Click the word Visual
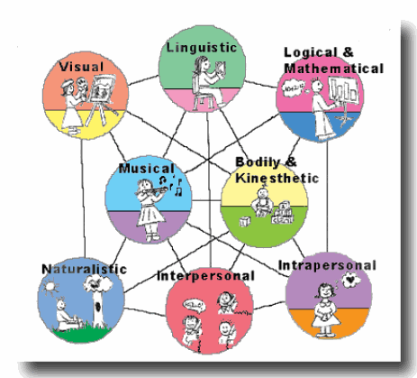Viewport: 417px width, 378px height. pyautogui.click(x=81, y=67)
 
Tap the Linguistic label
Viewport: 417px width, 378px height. pyautogui.click(x=202, y=48)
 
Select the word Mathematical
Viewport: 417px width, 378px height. pyautogui.click(x=334, y=69)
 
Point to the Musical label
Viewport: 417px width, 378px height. pyautogui.click(x=147, y=169)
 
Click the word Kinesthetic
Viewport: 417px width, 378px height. pyautogui.click(x=276, y=178)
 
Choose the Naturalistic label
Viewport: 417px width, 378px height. pyautogui.click(x=85, y=269)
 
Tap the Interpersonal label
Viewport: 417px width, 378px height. pyautogui.click(x=205, y=276)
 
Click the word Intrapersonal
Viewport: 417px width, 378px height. pyautogui.click(x=327, y=265)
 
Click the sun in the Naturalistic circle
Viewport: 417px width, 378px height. pyautogui.click(x=50, y=286)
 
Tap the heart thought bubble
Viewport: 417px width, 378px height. pyautogui.click(x=351, y=280)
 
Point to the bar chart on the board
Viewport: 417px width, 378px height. pyautogui.click(x=344, y=89)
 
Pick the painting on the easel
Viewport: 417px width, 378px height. pyautogui.click(x=102, y=88)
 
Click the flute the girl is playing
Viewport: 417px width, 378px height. pyautogui.click(x=155, y=190)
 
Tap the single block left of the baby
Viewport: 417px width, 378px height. pyautogui.click(x=244, y=222)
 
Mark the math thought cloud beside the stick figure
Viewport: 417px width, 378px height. pyautogui.click(x=294, y=88)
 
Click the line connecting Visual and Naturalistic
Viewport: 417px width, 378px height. pyautogui.click(x=83, y=199)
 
